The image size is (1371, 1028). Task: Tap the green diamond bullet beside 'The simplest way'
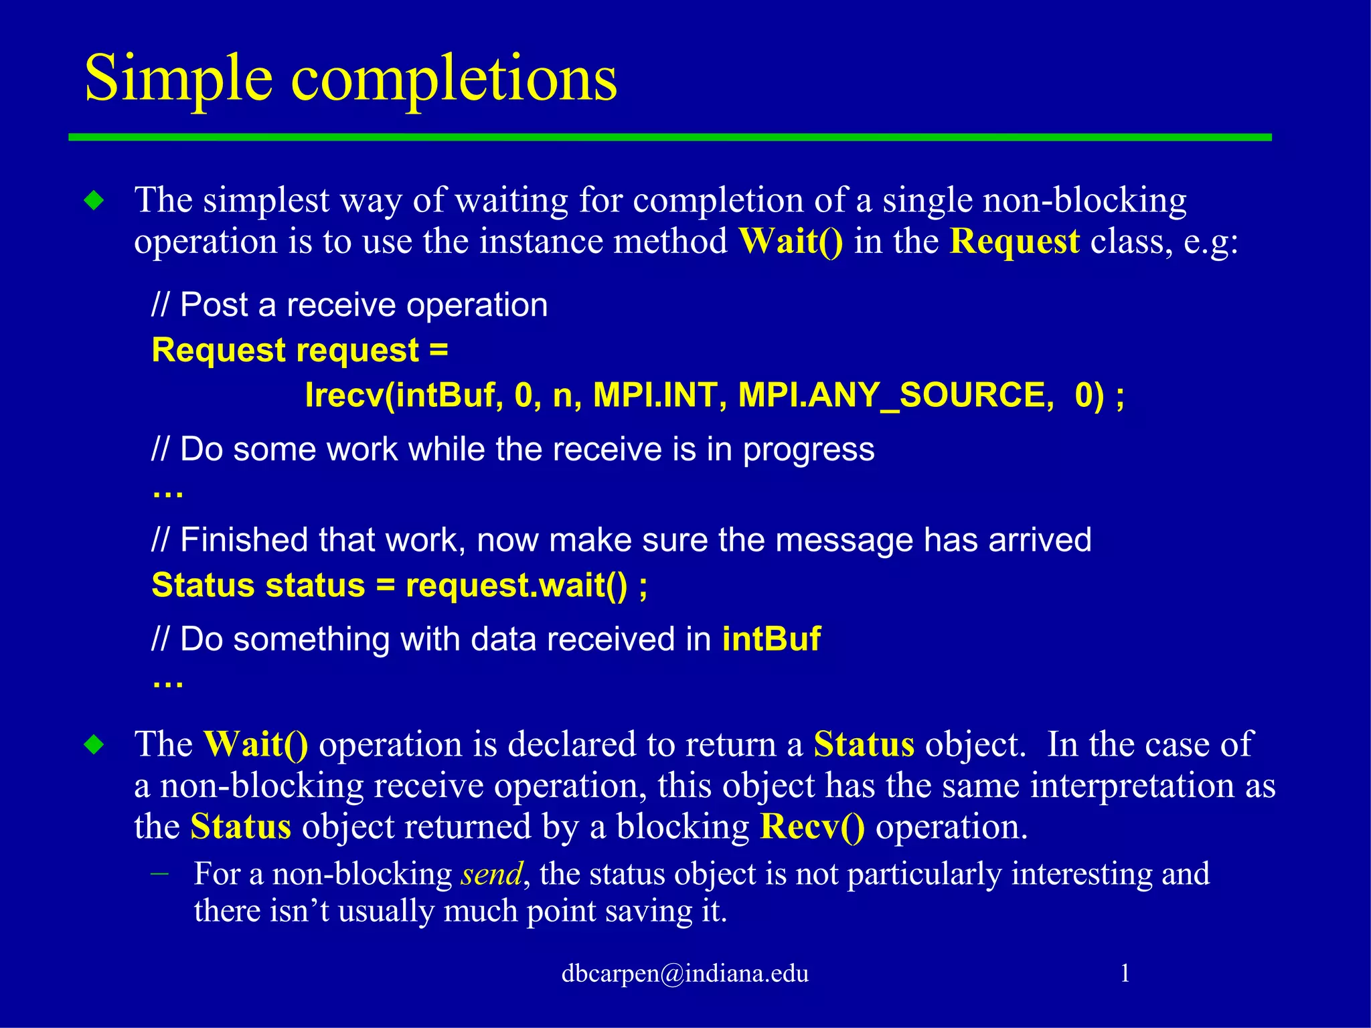pyautogui.click(x=94, y=200)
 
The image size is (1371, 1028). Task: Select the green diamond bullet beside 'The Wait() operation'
pyautogui.click(x=94, y=744)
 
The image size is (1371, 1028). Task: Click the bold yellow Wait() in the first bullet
pyautogui.click(x=791, y=241)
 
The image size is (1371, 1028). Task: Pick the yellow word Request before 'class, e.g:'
pyautogui.click(x=1014, y=241)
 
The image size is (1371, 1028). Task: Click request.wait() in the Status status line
pyautogui.click(x=517, y=585)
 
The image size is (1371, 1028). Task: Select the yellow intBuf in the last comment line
pyautogui.click(x=771, y=638)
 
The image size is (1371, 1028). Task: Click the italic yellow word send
pyautogui.click(x=491, y=874)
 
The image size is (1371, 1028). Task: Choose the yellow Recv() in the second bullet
pyautogui.click(x=812, y=827)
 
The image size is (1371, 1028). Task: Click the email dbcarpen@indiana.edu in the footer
pyautogui.click(x=685, y=973)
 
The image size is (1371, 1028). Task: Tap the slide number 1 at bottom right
pyautogui.click(x=1125, y=973)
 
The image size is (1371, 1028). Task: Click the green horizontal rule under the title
pyautogui.click(x=669, y=137)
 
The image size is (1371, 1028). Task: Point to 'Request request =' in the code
pyautogui.click(x=299, y=350)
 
